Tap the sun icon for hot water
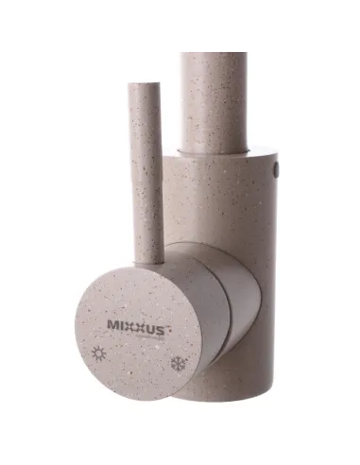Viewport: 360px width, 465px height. click(100, 353)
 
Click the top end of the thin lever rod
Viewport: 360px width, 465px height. click(144, 88)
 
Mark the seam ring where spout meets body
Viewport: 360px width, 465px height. click(215, 151)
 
